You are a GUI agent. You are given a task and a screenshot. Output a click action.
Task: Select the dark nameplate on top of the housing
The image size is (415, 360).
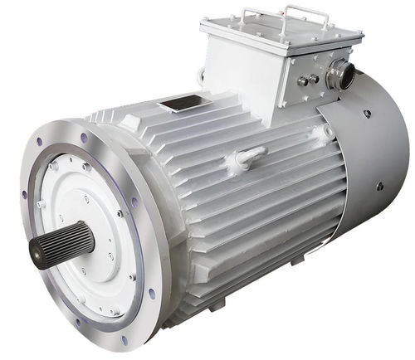(x=182, y=105)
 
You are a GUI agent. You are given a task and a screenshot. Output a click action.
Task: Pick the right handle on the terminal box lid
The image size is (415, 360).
(x=305, y=13)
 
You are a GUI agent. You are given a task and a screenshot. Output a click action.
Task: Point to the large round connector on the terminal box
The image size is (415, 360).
(x=340, y=75)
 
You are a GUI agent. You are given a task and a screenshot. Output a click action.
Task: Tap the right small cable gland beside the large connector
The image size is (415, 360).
(x=315, y=80)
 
